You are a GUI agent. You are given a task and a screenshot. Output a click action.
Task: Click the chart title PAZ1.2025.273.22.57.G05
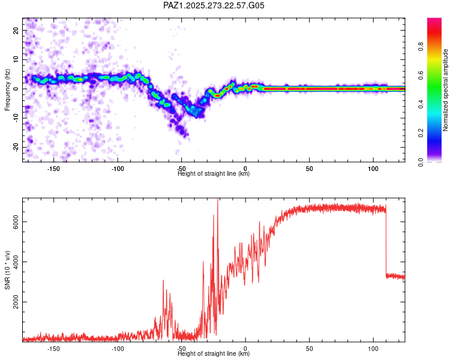coord(214,5)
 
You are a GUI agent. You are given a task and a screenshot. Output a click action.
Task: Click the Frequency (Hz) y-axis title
coord(8,89)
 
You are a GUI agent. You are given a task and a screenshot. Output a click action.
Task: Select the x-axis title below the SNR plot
coord(214,354)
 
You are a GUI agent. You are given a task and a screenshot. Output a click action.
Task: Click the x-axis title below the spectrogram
coord(214,174)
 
